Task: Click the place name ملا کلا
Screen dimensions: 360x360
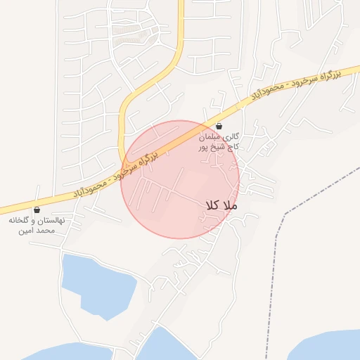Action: point(222,205)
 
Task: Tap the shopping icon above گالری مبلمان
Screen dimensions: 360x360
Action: point(219,127)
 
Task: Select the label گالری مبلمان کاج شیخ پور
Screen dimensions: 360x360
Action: point(219,141)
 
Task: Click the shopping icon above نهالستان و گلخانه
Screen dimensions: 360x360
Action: point(37,210)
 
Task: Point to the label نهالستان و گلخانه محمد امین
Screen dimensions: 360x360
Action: point(37,225)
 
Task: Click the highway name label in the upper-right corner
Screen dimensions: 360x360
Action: point(306,82)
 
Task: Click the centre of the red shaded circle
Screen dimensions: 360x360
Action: point(180,179)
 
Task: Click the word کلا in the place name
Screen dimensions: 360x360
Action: point(212,205)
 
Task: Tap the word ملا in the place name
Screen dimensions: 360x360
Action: point(231,205)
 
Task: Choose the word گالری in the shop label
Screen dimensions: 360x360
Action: point(232,136)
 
